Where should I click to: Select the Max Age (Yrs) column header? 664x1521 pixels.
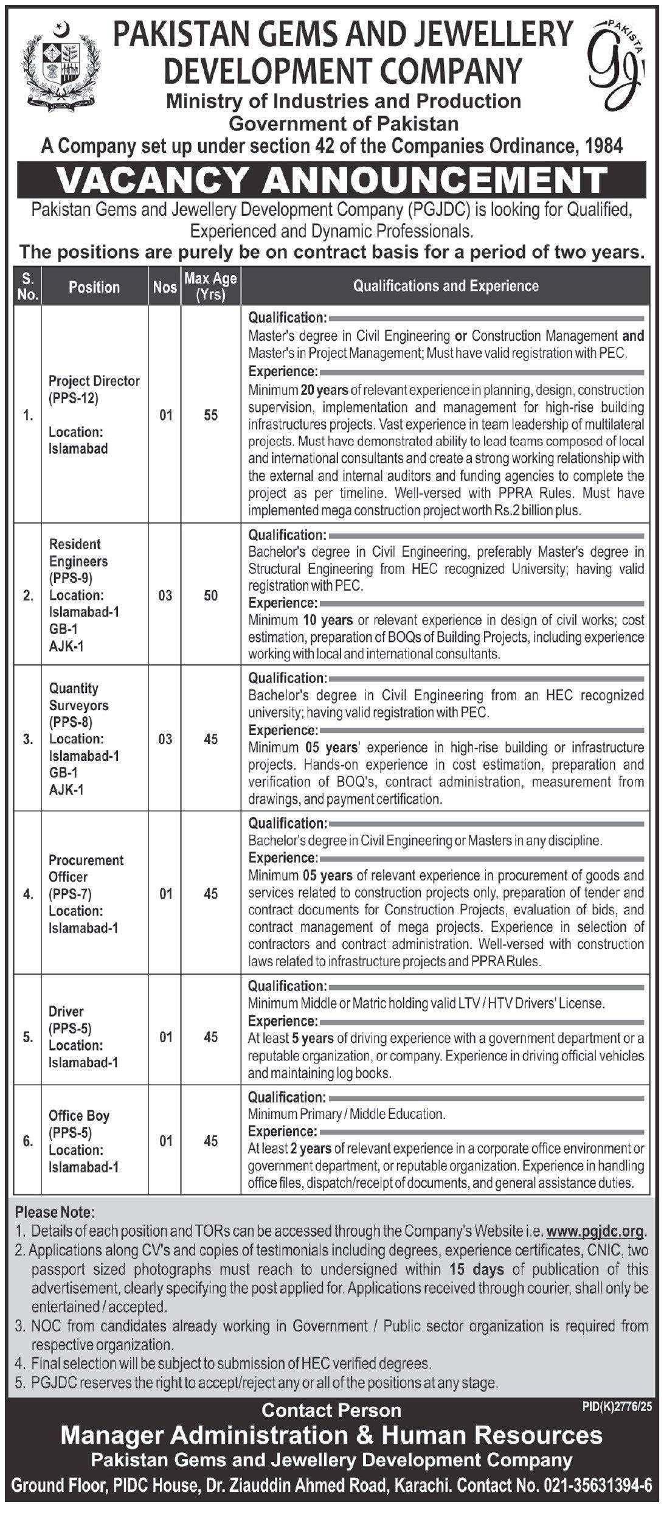[210, 287]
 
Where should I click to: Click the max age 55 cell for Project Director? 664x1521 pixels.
[210, 416]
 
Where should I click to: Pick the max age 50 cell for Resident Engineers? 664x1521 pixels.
[210, 595]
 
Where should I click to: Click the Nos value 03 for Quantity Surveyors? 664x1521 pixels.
[165, 739]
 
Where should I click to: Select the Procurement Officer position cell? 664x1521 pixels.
[86, 893]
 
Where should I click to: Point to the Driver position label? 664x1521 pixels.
[66, 1011]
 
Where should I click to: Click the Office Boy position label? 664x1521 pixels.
[79, 1115]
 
